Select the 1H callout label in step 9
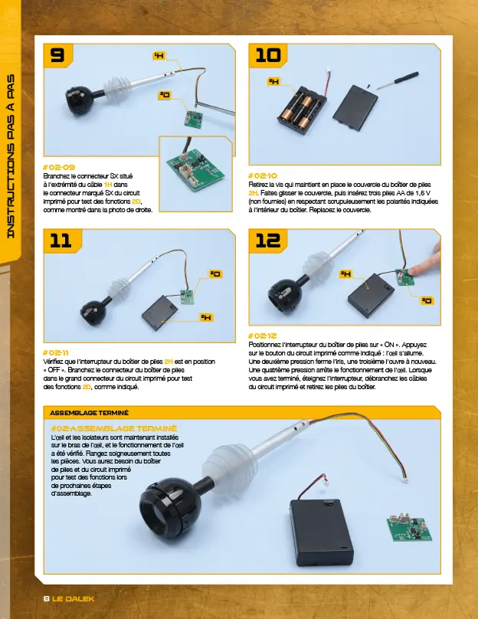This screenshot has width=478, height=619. [159, 56]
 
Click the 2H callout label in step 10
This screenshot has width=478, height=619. [273, 81]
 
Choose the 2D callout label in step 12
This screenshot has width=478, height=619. [427, 300]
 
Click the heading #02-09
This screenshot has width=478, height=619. [59, 166]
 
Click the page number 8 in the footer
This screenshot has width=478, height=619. [46, 598]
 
